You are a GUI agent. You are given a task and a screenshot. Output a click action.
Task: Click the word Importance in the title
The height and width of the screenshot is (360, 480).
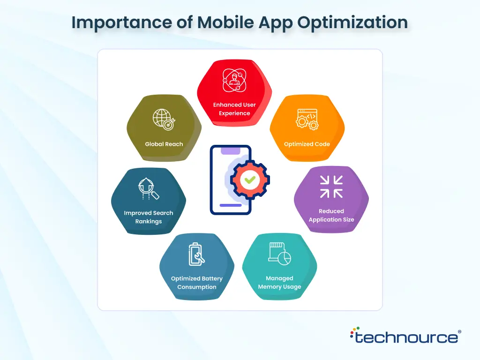tap(121, 22)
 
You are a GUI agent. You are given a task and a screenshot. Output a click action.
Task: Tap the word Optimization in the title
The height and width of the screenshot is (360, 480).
tap(352, 22)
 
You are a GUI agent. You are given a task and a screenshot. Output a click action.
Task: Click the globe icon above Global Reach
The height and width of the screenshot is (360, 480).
tap(164, 120)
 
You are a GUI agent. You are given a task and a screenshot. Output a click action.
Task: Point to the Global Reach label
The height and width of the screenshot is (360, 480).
tap(164, 144)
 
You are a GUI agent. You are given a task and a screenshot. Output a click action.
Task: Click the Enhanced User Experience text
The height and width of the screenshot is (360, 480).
tap(234, 109)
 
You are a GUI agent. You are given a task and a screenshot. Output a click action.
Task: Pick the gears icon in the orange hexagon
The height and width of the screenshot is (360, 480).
tap(307, 120)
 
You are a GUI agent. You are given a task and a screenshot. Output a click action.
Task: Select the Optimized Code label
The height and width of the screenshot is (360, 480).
tap(307, 144)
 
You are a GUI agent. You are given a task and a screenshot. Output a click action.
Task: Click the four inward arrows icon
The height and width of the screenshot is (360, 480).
tap(331, 187)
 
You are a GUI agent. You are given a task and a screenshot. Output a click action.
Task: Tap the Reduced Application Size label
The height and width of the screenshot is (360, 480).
tap(331, 215)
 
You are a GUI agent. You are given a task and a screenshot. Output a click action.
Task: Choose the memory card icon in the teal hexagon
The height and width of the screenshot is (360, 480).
tap(279, 254)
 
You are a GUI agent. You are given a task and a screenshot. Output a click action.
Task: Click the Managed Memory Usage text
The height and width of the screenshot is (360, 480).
tap(279, 282)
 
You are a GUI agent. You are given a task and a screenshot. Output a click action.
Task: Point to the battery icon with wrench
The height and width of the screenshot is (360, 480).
tap(196, 254)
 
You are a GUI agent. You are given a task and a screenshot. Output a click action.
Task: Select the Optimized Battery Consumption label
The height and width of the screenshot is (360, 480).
tap(196, 283)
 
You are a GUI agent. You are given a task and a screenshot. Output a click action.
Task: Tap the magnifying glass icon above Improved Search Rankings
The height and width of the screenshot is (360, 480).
tap(149, 188)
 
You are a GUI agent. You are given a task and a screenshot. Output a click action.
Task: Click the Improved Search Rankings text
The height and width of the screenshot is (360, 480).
tap(149, 217)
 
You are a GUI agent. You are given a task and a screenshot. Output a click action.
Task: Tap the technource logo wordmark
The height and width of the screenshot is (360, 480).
tap(405, 336)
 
